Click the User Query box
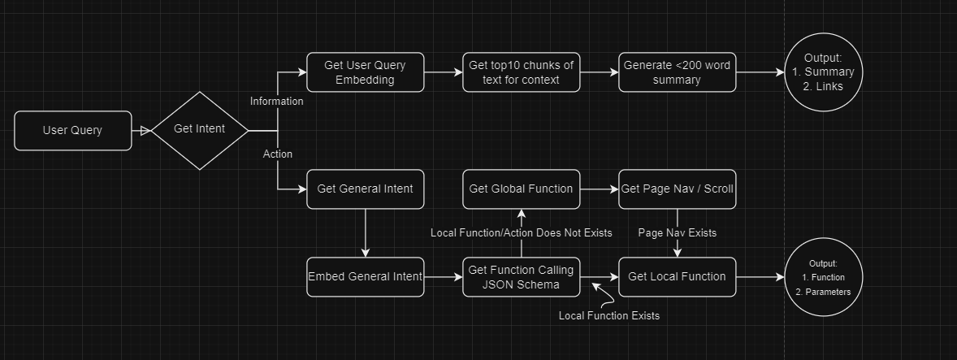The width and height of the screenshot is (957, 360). [72, 130]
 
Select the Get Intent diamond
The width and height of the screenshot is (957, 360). [200, 130]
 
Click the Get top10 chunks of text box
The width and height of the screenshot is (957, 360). [522, 72]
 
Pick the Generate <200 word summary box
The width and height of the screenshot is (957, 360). [678, 72]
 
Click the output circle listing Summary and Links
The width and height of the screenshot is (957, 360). [823, 72]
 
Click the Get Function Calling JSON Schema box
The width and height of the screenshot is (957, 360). [522, 276]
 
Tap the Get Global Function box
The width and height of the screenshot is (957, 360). [522, 189]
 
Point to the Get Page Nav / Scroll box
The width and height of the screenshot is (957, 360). [678, 189]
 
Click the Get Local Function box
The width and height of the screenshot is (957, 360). [678, 276]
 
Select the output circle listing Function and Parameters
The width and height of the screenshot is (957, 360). [823, 276]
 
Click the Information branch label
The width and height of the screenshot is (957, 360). [276, 102]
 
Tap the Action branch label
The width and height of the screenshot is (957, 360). [278, 154]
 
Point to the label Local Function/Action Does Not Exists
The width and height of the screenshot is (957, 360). [521, 233]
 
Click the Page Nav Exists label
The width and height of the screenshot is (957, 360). [678, 233]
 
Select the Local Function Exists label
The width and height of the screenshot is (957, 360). [609, 315]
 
